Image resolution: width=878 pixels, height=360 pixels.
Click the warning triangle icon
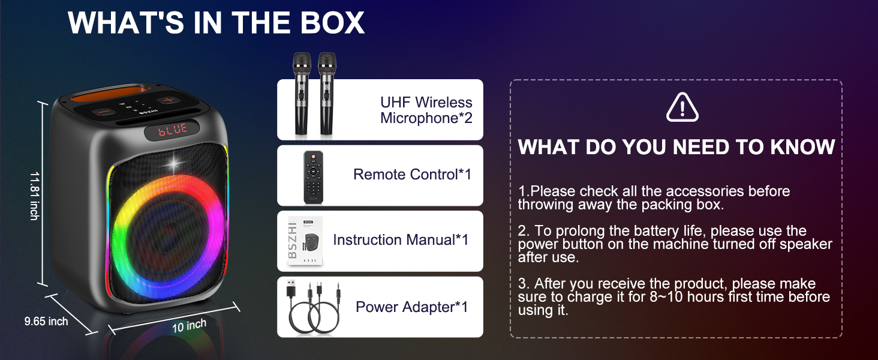(682, 108)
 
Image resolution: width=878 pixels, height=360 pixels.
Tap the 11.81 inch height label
(35, 196)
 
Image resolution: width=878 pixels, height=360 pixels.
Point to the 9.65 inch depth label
(46, 322)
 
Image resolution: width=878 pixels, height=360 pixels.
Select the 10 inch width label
(189, 326)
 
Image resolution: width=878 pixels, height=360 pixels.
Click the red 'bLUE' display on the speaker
(173, 130)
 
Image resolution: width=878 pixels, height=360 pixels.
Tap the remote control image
(313, 176)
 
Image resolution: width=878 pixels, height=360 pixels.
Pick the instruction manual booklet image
(305, 241)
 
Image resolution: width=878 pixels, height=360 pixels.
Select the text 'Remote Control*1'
(412, 175)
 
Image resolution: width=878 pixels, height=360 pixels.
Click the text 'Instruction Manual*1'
(401, 240)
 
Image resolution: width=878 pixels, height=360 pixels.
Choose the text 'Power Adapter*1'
(411, 307)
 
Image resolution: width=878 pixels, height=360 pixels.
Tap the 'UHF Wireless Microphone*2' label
(426, 110)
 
